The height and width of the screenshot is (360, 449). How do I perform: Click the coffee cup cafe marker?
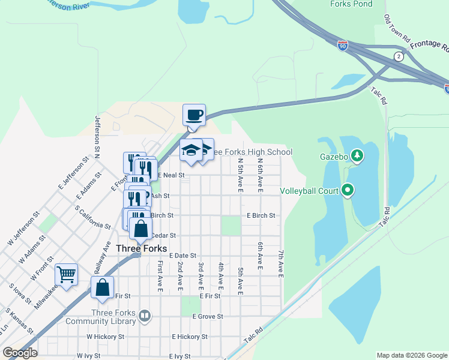coord(194,115)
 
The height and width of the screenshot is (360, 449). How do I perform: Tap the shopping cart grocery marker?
coord(66,275)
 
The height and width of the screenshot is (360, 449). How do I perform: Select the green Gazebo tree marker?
coord(357,157)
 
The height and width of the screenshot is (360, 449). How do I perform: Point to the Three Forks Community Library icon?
coord(144,315)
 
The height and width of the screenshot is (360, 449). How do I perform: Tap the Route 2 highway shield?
coord(399,56)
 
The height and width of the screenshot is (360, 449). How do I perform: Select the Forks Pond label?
coord(351,4)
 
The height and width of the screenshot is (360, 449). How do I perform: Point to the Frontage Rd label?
coord(429,42)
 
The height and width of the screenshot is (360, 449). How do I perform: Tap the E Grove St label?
coord(208,316)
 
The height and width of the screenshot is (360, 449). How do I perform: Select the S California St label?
coord(92,217)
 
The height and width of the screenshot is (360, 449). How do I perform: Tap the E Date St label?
coord(182,256)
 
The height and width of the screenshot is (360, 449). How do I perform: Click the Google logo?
coord(20,353)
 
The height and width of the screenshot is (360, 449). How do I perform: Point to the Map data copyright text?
coord(411,355)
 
